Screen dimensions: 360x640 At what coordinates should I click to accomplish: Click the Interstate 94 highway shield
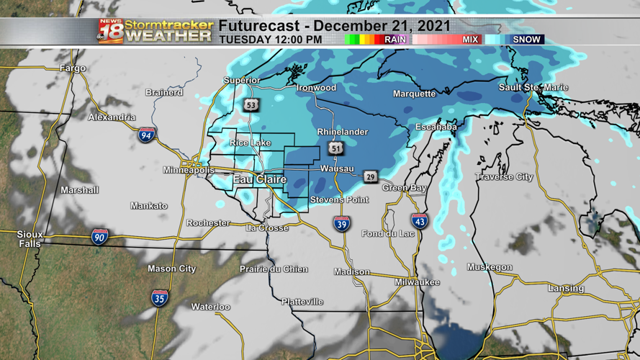coord(147,134)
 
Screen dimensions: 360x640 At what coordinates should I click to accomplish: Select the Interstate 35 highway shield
coord(160,297)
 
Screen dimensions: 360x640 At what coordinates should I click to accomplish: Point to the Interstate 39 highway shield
coord(342,223)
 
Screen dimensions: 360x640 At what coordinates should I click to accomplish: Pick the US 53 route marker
coord(251,105)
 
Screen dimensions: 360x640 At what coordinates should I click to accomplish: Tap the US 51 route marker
coord(335,148)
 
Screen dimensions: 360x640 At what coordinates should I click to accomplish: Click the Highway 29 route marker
coord(370,176)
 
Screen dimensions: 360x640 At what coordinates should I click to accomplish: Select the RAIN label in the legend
coord(395,40)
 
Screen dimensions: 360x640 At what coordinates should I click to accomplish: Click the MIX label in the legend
coord(470,40)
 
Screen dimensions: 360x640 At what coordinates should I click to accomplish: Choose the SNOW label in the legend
coord(526,40)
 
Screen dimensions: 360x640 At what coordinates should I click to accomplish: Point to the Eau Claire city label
coord(259,179)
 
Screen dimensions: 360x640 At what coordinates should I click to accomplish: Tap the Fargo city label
coord(73,68)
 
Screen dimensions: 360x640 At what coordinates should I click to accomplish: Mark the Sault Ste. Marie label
coord(533,87)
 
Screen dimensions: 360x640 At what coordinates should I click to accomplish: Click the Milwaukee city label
coord(417,282)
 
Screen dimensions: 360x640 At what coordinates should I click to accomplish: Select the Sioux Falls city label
coord(30,239)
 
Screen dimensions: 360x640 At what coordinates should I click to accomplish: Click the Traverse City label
coord(504,176)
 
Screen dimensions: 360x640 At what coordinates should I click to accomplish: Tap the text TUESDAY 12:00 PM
coord(270,40)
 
